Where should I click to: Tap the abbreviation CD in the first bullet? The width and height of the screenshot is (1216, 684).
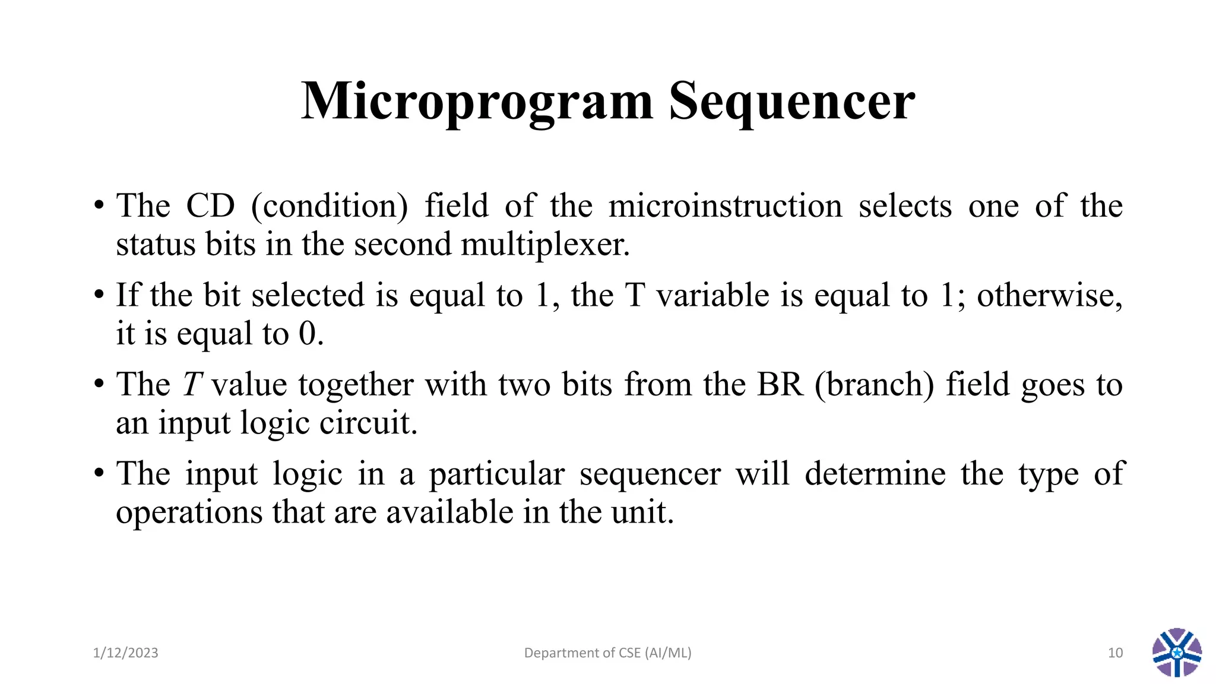[x=210, y=206]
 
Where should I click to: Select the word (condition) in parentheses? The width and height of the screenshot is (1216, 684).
[x=330, y=206]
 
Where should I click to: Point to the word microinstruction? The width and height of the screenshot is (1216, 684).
[x=725, y=206]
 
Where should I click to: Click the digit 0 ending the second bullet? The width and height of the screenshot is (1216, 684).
[x=308, y=334]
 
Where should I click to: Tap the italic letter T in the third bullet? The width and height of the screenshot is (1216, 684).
[x=192, y=384]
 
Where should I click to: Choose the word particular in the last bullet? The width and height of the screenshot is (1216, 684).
[x=496, y=474]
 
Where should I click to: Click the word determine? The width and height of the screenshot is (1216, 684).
[x=875, y=474]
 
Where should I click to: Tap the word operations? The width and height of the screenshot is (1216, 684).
[x=189, y=512]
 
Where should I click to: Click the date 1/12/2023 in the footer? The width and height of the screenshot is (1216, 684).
[x=125, y=653]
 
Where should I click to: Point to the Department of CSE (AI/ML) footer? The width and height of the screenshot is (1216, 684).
[x=607, y=653]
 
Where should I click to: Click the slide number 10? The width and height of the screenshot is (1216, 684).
[x=1115, y=653]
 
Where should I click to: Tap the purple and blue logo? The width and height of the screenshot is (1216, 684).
[x=1177, y=653]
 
